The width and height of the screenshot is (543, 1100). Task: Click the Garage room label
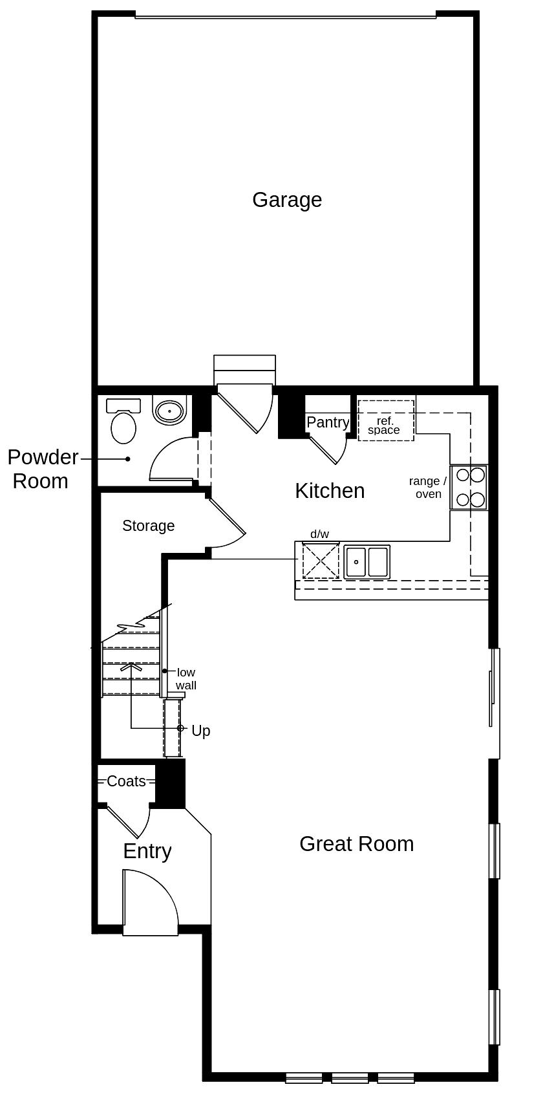(287, 200)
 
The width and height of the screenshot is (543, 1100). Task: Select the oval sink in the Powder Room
(170, 409)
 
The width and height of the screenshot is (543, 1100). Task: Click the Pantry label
(328, 422)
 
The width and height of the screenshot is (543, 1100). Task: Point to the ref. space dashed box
(386, 420)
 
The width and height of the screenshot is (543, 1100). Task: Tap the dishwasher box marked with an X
(320, 560)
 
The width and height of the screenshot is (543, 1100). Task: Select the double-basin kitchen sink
(367, 561)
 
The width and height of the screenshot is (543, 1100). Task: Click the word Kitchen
(330, 491)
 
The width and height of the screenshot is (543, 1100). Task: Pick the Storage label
(148, 526)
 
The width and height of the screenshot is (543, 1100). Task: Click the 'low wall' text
(186, 678)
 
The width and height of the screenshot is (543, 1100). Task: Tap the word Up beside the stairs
(201, 731)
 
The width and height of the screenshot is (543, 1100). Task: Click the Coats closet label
(126, 781)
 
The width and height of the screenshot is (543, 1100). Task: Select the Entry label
(147, 851)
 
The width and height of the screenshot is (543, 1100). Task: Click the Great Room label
(356, 844)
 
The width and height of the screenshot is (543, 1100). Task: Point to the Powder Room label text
(42, 469)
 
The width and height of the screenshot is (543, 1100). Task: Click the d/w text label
(319, 534)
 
